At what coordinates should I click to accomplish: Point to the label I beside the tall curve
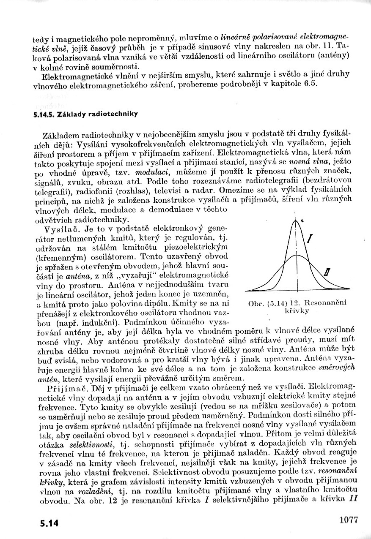[x=310, y=240]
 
